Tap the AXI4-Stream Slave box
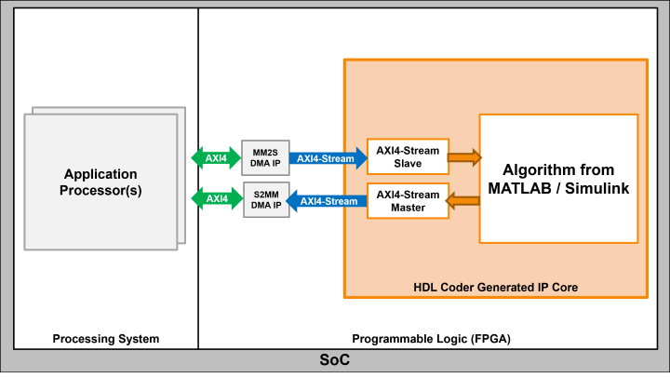pos(408,156)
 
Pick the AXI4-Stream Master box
pos(408,201)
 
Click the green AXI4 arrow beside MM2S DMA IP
pos(215,158)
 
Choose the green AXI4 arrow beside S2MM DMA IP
pos(215,199)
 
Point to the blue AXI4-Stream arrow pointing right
pos(326,158)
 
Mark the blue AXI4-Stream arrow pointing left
pos(326,201)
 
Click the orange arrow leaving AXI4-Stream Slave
pos(463,156)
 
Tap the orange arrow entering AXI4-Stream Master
pos(463,200)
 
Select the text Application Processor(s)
pos(100,182)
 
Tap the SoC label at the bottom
pos(334,360)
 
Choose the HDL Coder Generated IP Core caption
pos(495,288)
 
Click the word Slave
pos(408,164)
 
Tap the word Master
pos(408,208)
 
